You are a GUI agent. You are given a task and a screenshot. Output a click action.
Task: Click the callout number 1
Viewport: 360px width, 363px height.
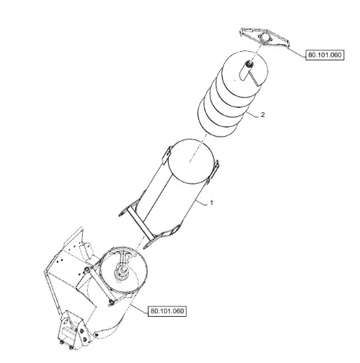(x=212, y=203)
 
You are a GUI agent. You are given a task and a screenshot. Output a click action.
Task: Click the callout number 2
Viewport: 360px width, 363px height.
(x=263, y=115)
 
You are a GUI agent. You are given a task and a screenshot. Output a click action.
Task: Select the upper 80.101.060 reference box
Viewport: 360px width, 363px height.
(x=325, y=55)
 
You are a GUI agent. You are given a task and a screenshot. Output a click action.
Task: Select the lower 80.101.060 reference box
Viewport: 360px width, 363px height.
(x=167, y=311)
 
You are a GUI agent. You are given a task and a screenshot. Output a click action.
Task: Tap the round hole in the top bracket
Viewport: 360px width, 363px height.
(x=265, y=38)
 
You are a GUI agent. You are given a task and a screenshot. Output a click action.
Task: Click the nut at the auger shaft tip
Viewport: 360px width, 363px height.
(x=249, y=63)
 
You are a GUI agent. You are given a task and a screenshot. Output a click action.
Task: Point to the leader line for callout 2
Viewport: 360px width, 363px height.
(x=252, y=114)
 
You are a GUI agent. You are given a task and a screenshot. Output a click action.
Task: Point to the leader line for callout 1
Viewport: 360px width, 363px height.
(x=202, y=203)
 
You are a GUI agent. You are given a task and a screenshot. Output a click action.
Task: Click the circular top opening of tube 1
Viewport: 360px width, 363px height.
(x=191, y=161)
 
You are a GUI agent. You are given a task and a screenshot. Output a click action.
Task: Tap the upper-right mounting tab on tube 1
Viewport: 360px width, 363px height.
(x=215, y=169)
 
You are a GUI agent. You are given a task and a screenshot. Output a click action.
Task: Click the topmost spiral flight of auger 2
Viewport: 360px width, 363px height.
(x=244, y=69)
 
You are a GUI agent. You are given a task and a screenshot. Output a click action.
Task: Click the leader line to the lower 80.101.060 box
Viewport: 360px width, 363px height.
(x=139, y=308)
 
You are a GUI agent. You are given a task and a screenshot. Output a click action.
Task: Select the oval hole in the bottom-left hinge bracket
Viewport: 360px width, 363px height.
(x=67, y=322)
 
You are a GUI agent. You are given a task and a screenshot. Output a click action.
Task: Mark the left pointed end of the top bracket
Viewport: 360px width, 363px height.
(x=240, y=30)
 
